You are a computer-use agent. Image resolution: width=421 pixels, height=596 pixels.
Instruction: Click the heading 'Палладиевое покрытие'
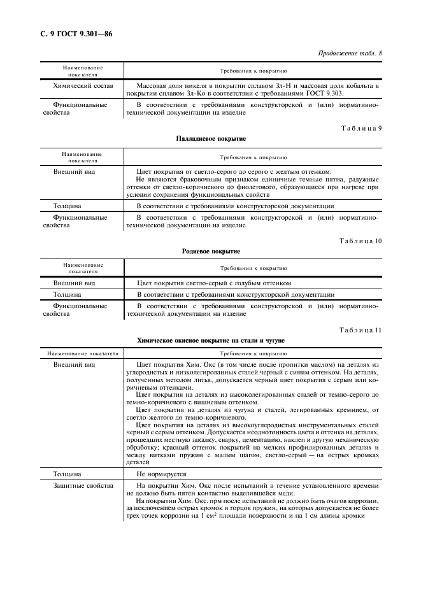pos(210,138)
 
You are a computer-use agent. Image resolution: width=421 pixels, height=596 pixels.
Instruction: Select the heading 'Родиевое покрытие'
pos(210,251)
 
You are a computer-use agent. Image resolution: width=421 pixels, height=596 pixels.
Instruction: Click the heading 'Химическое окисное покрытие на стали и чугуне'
pos(210,340)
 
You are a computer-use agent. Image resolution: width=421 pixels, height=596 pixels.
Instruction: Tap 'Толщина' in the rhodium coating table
pos(67,295)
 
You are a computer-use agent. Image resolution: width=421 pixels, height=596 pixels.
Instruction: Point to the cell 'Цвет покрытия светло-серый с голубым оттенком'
pos(214,283)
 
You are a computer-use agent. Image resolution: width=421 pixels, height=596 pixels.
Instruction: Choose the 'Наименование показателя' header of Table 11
pos(82,352)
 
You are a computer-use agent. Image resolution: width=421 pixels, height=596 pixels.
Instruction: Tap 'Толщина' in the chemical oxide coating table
pos(67,474)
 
